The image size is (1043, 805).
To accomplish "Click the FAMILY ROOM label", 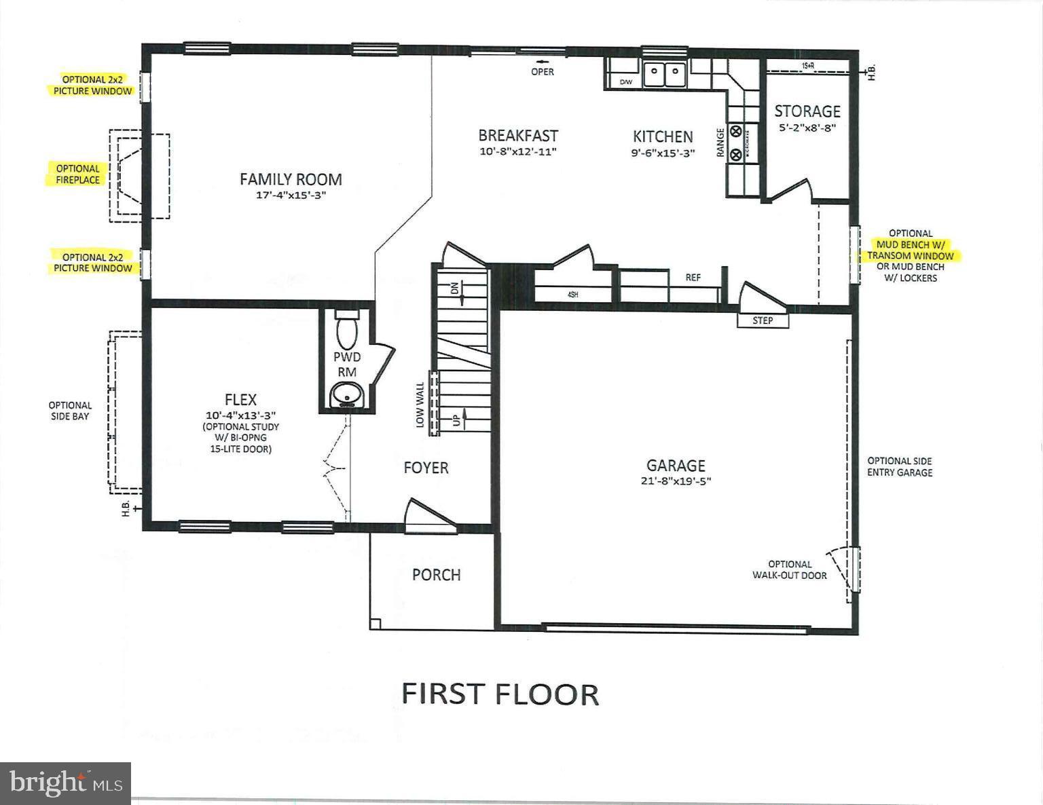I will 291,179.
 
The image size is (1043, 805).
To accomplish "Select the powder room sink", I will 347,394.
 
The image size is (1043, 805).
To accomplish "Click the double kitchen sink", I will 664,75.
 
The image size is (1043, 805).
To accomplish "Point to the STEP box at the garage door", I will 763,320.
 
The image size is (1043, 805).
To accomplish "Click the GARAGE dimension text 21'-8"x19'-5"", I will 676,481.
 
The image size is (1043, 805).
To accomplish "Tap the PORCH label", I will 436,575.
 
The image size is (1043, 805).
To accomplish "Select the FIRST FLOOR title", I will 500,694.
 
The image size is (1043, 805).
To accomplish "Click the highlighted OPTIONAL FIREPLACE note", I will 77,174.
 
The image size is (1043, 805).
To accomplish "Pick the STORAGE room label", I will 807,111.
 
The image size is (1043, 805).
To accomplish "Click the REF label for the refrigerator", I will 693,278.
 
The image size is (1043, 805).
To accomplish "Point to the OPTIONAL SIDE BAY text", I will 70,411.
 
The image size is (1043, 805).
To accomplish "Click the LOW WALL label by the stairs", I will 420,405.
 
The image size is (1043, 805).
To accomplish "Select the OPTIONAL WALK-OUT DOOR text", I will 789,569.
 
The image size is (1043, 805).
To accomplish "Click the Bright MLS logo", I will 65,783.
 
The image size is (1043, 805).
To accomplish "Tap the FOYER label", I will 426,468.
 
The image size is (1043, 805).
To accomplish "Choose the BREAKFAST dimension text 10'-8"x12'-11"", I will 518,152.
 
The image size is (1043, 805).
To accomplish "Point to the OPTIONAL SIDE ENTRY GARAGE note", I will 899,466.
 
